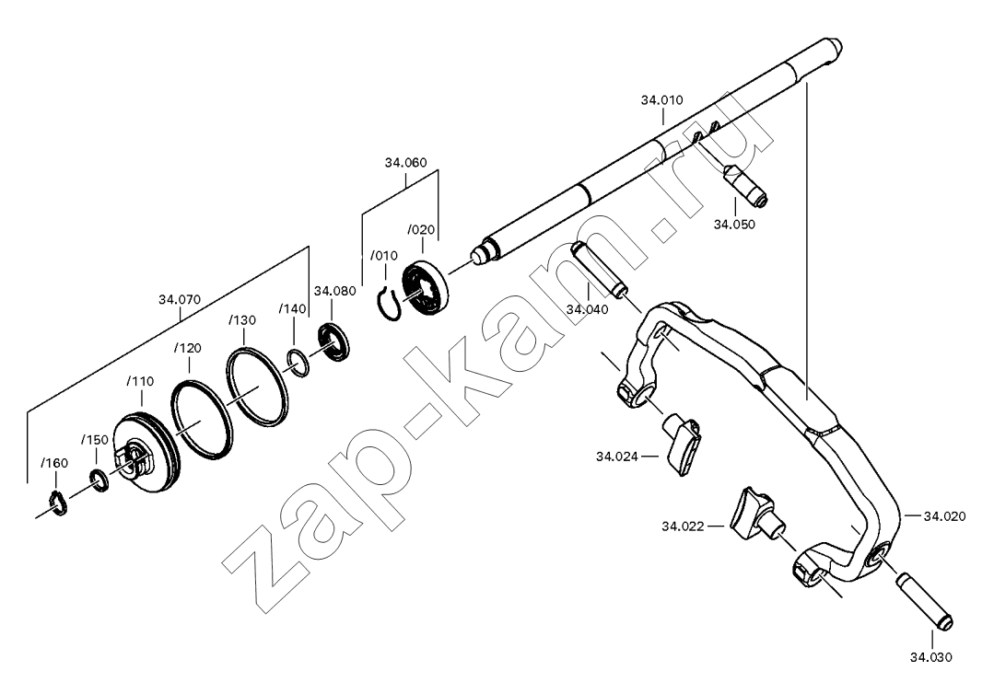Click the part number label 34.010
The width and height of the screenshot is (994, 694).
[661, 100]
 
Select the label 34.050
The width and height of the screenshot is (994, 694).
[735, 225]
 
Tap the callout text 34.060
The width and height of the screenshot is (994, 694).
[405, 163]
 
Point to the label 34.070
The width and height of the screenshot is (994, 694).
[180, 299]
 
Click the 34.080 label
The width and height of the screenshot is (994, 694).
[335, 291]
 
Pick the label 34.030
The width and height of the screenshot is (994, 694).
[931, 657]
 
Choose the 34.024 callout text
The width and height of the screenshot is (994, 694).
[617, 456]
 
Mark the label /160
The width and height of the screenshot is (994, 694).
[54, 464]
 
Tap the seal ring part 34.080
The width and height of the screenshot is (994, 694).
[334, 341]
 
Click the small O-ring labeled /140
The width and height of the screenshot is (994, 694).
[298, 363]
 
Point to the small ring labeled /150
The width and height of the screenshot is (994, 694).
[99, 480]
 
